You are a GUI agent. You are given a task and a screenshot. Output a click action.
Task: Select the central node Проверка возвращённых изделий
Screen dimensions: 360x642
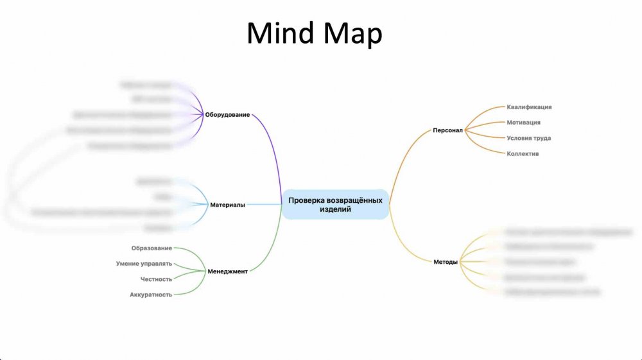335,205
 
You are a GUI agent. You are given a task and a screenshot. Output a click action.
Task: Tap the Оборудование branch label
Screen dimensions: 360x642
227,116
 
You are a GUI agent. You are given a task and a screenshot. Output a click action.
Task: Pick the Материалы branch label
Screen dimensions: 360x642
227,205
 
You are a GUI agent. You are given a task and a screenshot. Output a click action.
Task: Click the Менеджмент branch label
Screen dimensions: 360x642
227,271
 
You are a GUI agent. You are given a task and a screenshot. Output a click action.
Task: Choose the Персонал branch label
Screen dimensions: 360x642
447,130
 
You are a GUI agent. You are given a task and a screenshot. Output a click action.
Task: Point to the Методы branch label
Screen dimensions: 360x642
446,262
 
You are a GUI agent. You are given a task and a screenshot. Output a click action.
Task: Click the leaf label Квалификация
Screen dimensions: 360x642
529,107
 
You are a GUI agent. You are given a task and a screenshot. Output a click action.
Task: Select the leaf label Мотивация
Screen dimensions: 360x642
523,123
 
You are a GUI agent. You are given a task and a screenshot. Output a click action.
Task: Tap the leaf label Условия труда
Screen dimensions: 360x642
528,138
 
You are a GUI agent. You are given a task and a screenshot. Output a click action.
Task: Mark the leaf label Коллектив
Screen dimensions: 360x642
523,154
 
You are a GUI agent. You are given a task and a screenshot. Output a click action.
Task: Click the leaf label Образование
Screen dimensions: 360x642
152,248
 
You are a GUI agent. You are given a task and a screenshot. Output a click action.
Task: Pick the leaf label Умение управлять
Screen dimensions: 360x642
144,263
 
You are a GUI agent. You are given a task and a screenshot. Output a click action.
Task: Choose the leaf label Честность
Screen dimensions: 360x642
156,279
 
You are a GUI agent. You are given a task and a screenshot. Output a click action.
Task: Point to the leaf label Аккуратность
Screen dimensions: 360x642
151,295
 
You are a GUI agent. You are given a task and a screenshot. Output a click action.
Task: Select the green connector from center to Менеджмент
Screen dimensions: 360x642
273,247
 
